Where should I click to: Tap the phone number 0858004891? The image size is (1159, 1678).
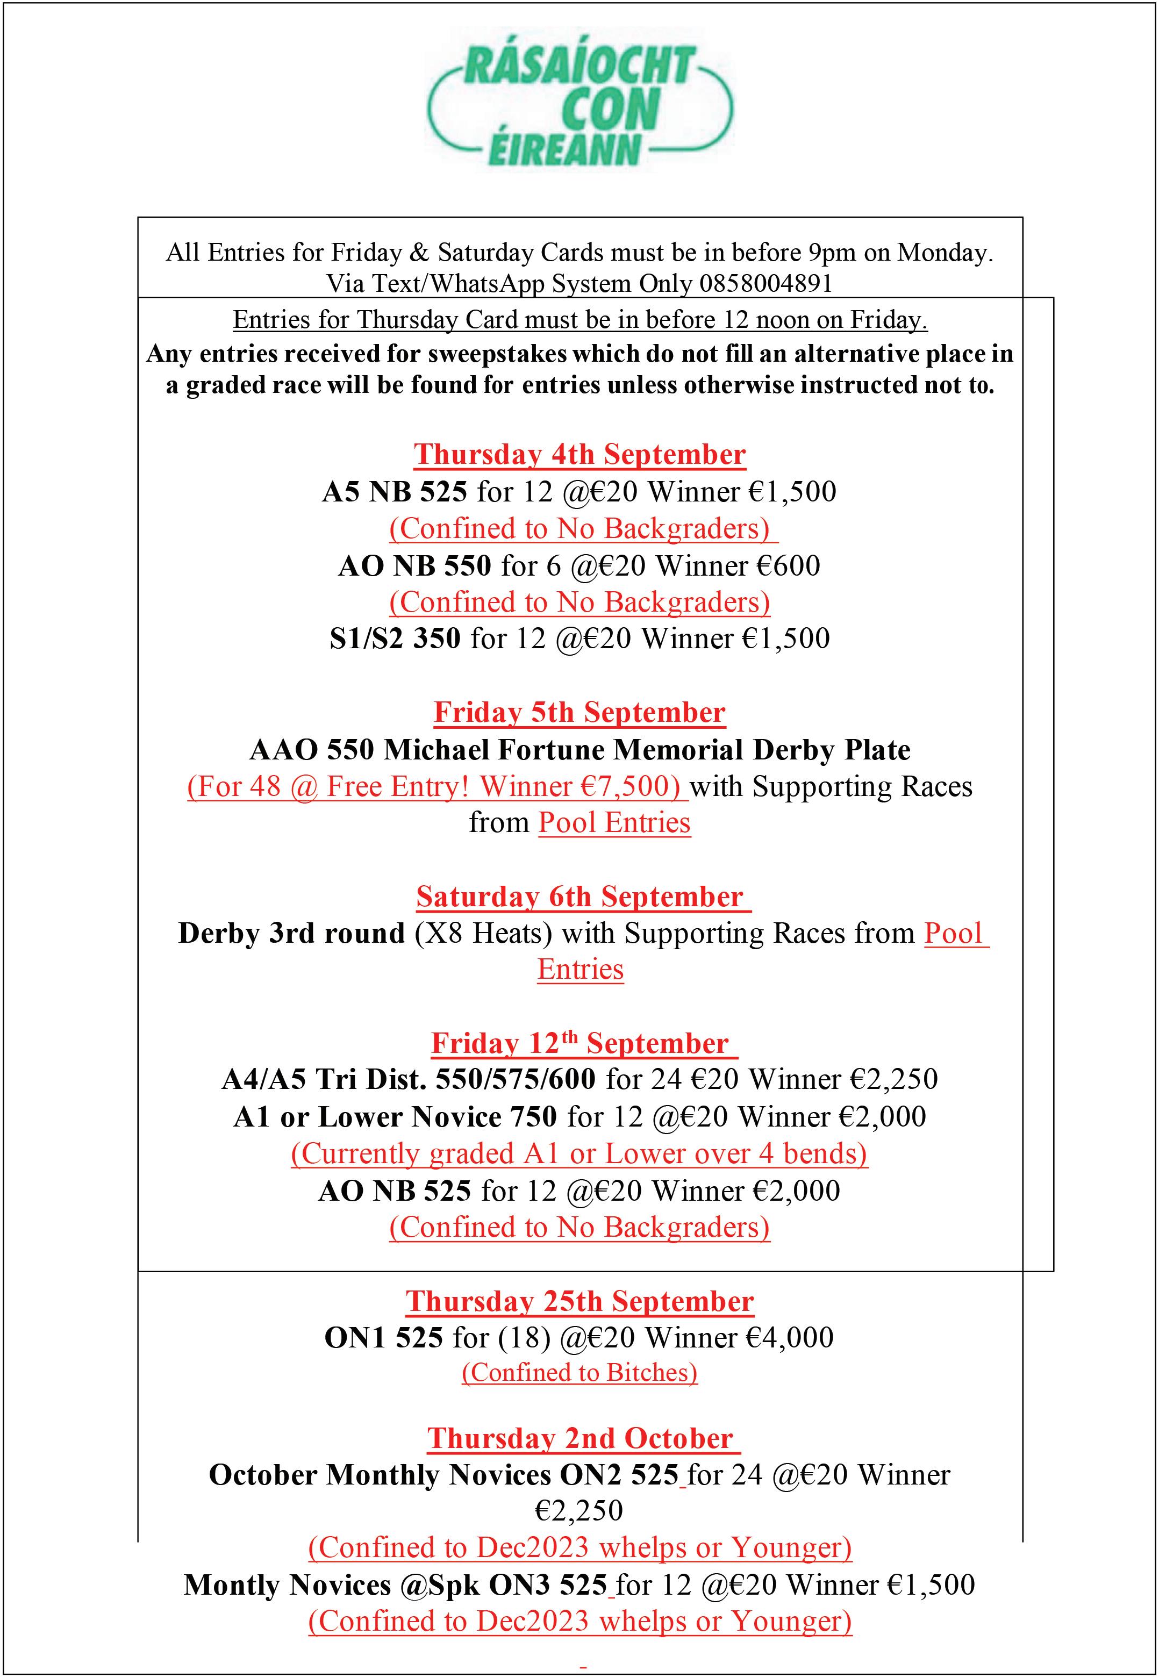pyautogui.click(x=765, y=283)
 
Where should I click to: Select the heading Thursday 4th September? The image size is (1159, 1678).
pyautogui.click(x=579, y=455)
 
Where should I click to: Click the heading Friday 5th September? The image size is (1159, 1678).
pyautogui.click(x=579, y=712)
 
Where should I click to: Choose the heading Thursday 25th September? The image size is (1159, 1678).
pyautogui.click(x=579, y=1301)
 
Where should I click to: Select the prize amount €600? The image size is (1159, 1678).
pyautogui.click(x=788, y=565)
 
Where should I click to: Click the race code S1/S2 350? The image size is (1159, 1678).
pyautogui.click(x=395, y=638)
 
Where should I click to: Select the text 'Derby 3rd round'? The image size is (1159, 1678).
pyautogui.click(x=291, y=933)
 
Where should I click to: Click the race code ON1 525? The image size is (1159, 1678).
pyautogui.click(x=383, y=1337)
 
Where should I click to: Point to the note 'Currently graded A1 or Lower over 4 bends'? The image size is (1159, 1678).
pyautogui.click(x=579, y=1154)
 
